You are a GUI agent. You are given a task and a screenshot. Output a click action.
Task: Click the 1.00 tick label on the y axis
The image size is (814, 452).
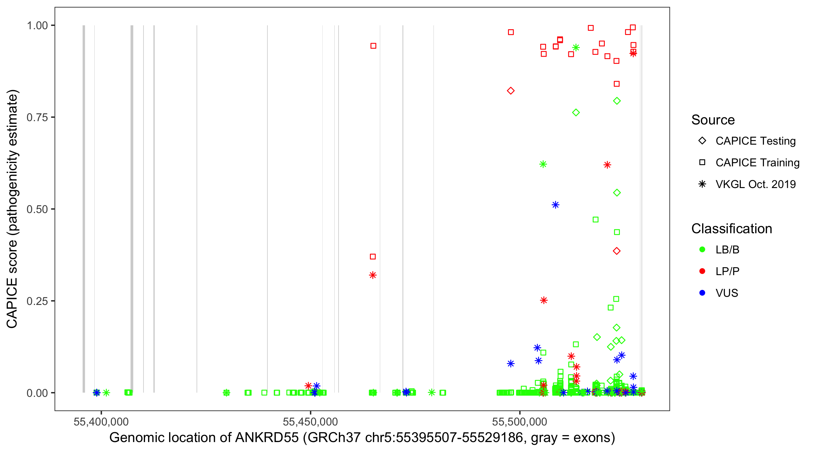click(37, 26)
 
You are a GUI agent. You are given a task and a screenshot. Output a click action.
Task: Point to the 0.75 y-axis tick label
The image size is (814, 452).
click(37, 118)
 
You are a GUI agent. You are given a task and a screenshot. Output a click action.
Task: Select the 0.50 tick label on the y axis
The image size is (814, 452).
click(37, 209)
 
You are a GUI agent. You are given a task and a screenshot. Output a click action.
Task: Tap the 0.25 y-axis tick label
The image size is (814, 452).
click(37, 301)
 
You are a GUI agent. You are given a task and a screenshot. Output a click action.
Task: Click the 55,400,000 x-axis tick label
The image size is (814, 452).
click(101, 422)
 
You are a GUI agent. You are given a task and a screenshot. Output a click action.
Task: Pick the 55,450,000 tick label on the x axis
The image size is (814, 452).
click(310, 422)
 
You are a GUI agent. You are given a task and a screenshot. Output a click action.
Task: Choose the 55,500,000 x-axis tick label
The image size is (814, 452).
click(519, 422)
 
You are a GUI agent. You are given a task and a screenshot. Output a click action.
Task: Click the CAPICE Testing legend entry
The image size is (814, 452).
click(755, 141)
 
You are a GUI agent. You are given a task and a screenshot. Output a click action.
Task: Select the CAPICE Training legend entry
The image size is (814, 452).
click(757, 163)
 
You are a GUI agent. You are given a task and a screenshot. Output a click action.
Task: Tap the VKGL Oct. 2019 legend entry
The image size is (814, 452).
click(755, 184)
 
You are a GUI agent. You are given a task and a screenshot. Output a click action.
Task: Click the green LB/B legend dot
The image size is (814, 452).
click(702, 250)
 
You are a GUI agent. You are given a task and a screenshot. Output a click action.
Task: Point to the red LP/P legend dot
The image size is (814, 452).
click(702, 271)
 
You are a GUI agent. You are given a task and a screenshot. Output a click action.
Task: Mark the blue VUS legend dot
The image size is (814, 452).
click(702, 293)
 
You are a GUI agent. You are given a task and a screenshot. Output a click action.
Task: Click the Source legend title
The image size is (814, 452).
click(713, 120)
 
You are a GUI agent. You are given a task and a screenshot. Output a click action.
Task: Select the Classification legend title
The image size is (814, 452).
click(731, 229)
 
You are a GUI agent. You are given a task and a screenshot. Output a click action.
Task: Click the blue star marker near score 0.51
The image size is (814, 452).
click(556, 205)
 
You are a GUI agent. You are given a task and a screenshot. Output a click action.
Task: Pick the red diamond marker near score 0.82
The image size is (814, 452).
click(511, 91)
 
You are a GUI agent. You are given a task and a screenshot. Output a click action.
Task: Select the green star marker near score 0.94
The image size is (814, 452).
click(576, 48)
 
